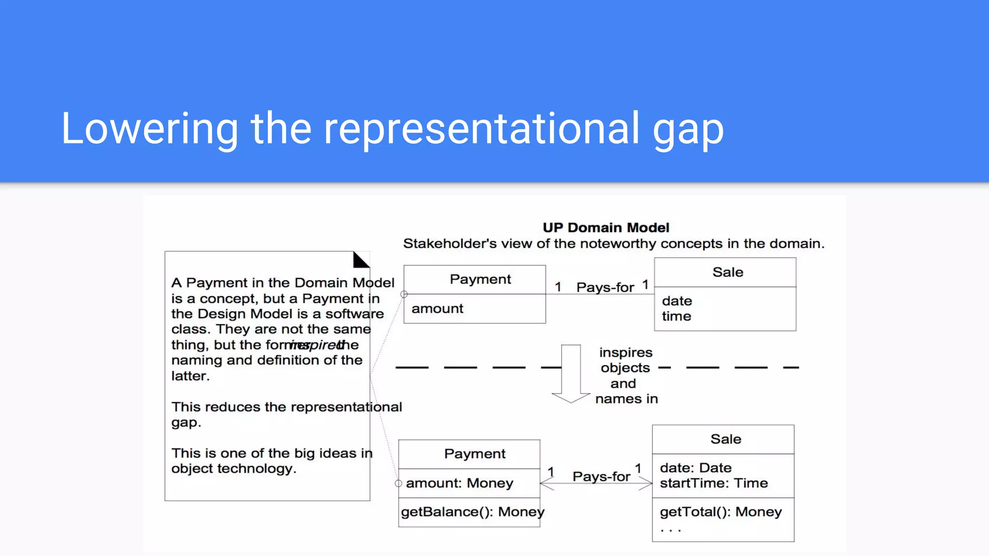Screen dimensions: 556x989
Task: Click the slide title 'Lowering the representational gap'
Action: click(392, 128)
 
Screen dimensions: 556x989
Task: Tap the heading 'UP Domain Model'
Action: click(606, 228)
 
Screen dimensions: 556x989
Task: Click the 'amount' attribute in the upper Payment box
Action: click(437, 308)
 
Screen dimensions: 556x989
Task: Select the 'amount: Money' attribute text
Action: click(459, 483)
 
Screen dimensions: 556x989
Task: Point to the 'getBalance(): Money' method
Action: click(472, 512)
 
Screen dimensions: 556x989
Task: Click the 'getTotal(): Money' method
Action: click(721, 512)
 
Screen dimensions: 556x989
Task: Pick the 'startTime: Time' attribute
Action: click(713, 483)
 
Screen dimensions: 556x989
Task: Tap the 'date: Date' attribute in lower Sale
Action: click(695, 468)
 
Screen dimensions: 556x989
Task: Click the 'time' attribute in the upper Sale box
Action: click(677, 317)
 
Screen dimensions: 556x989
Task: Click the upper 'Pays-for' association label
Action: click(605, 288)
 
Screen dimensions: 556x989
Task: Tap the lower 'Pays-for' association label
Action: click(601, 477)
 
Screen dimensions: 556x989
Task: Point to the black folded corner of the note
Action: click(360, 261)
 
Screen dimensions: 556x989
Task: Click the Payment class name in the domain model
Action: click(480, 279)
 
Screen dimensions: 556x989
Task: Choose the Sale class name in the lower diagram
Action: click(725, 439)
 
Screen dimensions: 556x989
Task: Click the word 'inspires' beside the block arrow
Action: click(625, 353)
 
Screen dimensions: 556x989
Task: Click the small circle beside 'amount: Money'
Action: click(398, 483)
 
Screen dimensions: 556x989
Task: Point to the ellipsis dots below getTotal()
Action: click(670, 530)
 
